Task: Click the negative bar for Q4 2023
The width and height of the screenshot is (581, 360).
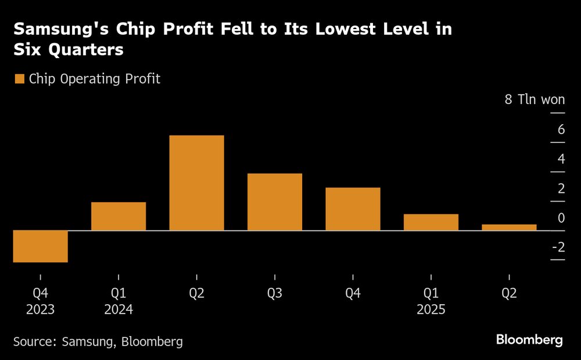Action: [x=41, y=246]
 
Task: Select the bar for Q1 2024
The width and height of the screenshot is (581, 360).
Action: [x=119, y=216]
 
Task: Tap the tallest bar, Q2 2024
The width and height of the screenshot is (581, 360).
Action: [x=196, y=183]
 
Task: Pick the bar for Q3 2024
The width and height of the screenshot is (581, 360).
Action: [x=275, y=202]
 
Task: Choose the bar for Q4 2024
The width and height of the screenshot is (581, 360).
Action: [x=353, y=209]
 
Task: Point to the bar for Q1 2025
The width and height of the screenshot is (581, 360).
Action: [x=431, y=222]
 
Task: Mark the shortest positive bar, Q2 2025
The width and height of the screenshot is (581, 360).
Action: [x=509, y=227]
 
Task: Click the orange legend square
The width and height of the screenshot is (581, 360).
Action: [x=19, y=79]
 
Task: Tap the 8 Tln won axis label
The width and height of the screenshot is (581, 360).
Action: [x=535, y=99]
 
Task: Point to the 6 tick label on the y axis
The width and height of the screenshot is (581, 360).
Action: [x=561, y=129]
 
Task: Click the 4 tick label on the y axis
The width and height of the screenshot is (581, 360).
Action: [x=561, y=159]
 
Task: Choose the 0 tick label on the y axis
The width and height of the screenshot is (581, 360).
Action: [x=561, y=218]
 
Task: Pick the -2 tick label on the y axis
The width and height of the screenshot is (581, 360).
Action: [x=558, y=247]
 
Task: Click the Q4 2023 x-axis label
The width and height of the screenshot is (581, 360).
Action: [x=41, y=301]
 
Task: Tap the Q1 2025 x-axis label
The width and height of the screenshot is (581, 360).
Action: [x=431, y=301]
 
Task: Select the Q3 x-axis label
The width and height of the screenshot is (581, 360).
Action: [x=275, y=294]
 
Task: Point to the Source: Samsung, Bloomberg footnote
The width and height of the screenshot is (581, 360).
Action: [x=98, y=341]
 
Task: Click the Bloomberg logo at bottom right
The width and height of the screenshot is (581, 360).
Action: [x=529, y=340]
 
